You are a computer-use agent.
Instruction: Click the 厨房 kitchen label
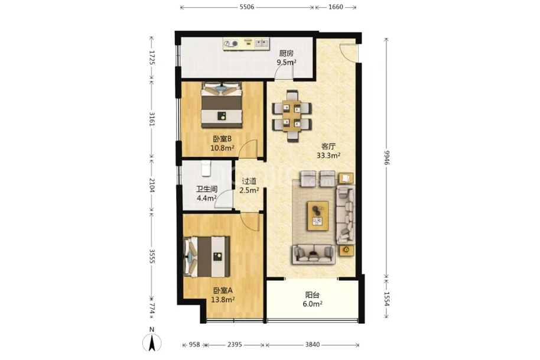(286, 53)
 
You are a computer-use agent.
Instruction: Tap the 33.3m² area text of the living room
(328, 155)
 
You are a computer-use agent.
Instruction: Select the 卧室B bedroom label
(222, 139)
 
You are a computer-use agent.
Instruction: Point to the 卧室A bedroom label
(223, 291)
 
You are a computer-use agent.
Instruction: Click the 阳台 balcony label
(313, 295)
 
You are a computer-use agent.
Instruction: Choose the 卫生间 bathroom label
(207, 189)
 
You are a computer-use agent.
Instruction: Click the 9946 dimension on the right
(387, 157)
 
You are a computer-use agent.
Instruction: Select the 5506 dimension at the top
(246, 7)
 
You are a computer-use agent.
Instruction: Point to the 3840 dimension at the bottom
(312, 345)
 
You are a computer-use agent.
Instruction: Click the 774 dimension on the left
(152, 309)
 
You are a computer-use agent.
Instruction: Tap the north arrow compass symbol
(151, 342)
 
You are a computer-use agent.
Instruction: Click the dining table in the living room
(292, 116)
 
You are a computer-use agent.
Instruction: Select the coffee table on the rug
(318, 216)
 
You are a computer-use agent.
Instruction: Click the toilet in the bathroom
(206, 168)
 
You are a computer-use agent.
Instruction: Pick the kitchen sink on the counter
(261, 44)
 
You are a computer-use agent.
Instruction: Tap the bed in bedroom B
(222, 105)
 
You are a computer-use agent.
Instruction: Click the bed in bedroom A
(207, 257)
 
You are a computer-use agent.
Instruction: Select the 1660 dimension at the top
(336, 7)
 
